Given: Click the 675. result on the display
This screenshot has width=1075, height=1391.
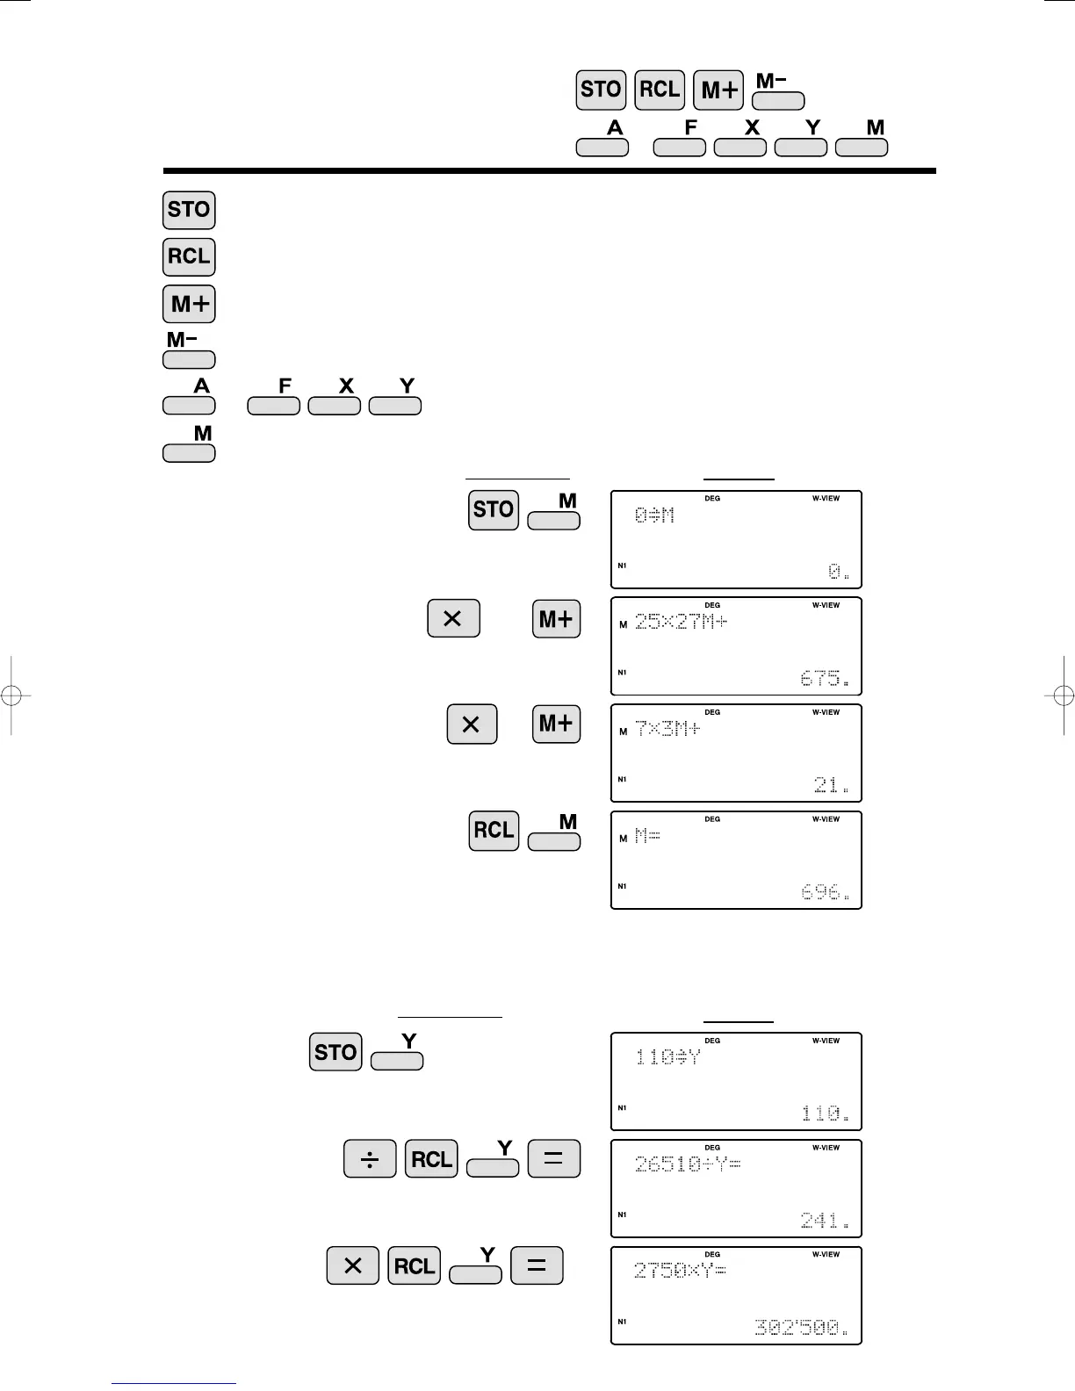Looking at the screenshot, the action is click(x=825, y=679).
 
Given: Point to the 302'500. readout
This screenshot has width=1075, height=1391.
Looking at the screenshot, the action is click(x=801, y=1327).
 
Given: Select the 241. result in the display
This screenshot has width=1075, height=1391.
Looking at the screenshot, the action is click(x=825, y=1220).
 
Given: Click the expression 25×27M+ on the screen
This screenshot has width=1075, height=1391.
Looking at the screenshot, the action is click(x=681, y=623).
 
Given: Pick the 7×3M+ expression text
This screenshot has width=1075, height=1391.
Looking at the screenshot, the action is click(x=667, y=729).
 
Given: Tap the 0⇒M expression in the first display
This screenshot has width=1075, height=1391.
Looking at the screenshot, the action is click(x=654, y=515).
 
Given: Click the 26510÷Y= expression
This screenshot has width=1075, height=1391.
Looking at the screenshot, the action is click(x=688, y=1164).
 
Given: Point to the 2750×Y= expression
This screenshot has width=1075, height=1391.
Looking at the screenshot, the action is click(x=680, y=1271).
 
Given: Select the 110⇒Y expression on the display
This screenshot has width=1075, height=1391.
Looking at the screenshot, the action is click(x=667, y=1057).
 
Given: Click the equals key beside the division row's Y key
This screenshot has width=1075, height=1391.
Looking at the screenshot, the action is click(x=553, y=1159).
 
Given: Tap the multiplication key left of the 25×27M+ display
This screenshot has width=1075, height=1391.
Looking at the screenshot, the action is click(x=453, y=618).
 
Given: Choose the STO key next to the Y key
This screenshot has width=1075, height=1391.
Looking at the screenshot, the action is click(x=335, y=1052).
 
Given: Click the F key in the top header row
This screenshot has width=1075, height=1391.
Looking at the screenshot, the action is click(x=680, y=147).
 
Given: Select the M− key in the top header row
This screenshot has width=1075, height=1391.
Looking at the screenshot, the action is click(x=777, y=100).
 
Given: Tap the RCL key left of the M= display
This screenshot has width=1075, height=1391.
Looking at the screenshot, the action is click(x=494, y=831).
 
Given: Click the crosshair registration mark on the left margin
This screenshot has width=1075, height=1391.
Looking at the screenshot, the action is click(x=11, y=695).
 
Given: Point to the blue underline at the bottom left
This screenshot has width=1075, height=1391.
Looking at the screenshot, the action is click(x=174, y=1384).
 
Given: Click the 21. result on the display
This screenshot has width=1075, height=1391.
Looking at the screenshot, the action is click(x=831, y=785).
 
